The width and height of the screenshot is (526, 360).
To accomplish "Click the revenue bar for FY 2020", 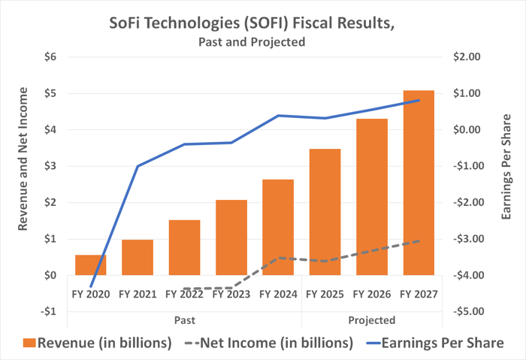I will pyautogui.click(x=90, y=265).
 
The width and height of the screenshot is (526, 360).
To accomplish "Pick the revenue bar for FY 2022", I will pyautogui.click(x=184, y=247).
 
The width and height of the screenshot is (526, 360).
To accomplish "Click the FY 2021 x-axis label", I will pyautogui.click(x=138, y=294).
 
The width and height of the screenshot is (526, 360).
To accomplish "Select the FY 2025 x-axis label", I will pyautogui.click(x=325, y=294).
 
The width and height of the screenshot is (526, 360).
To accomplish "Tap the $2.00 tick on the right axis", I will pyautogui.click(x=467, y=57).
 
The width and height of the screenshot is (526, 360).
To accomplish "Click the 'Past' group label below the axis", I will pyautogui.click(x=183, y=319).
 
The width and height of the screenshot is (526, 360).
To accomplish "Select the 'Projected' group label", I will pyautogui.click(x=372, y=319).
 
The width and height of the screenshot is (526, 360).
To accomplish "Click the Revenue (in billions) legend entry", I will pyautogui.click(x=98, y=343).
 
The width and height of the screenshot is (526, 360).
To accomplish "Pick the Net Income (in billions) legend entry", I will pyautogui.click(x=265, y=343).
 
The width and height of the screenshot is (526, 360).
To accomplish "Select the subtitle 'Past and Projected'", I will pyautogui.click(x=252, y=42).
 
